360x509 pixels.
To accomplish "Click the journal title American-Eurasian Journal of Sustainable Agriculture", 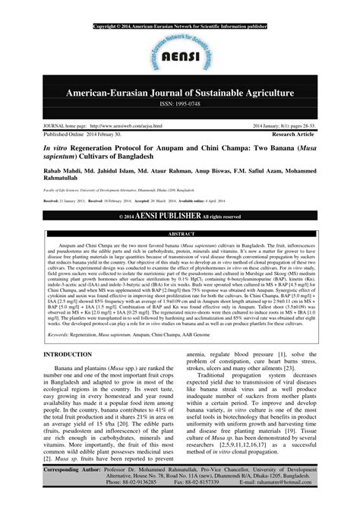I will point(180,93).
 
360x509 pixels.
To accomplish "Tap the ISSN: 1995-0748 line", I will point(180,105).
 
